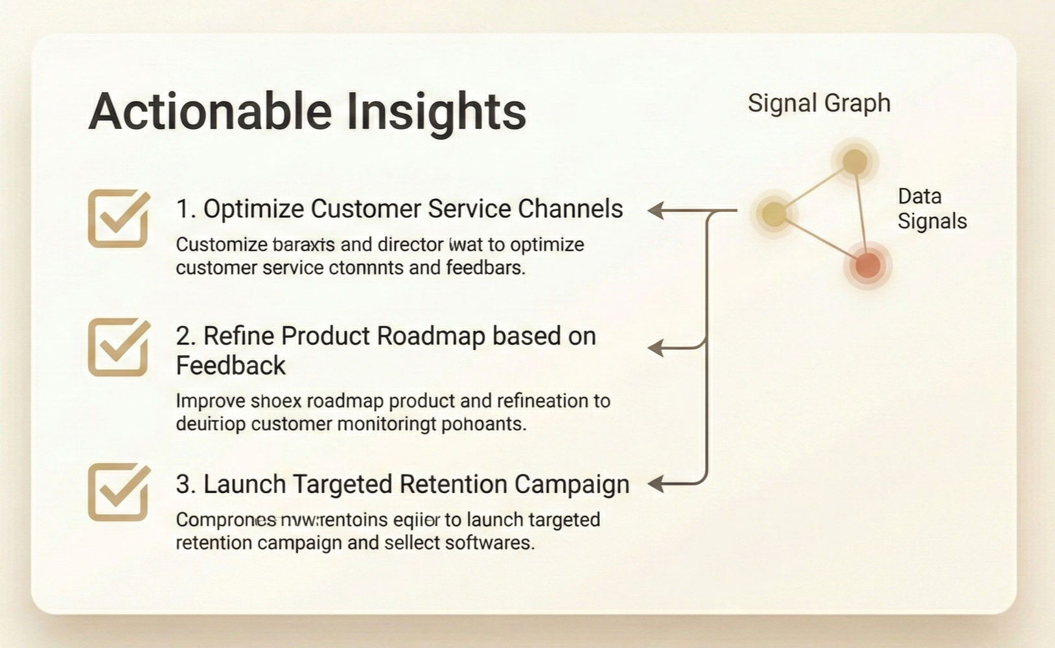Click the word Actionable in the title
[x=210, y=111]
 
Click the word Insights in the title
[x=435, y=111]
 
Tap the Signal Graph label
[x=819, y=103]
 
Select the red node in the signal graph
[x=868, y=265]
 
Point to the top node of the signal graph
[x=855, y=162]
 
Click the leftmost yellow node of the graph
[x=774, y=213]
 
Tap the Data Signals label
[x=931, y=209]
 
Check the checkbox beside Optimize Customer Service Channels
[x=118, y=219]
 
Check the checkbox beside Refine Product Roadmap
[x=118, y=348]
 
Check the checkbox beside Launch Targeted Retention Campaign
[x=118, y=492]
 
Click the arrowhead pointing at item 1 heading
[x=656, y=211]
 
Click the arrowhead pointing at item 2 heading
[x=656, y=348]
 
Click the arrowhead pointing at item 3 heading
[x=656, y=483]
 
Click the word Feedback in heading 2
[x=231, y=366]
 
